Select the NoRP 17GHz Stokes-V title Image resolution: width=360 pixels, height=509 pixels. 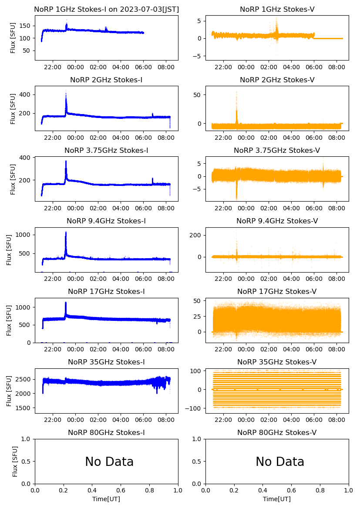(277, 291)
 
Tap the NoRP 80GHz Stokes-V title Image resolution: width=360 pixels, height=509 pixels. (277, 432)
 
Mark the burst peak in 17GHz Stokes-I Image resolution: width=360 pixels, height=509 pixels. (66, 303)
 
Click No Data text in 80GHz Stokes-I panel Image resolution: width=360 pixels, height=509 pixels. (109, 462)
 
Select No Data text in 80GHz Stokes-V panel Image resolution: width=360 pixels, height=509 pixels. (280, 462)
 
